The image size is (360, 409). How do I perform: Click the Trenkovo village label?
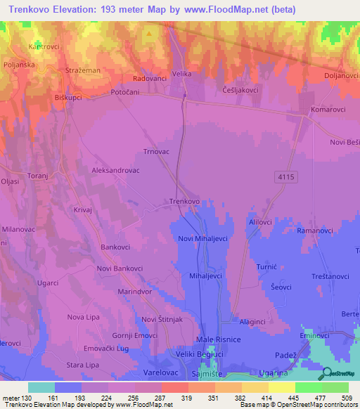click(x=184, y=201)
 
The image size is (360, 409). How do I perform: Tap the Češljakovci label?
click(x=241, y=90)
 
